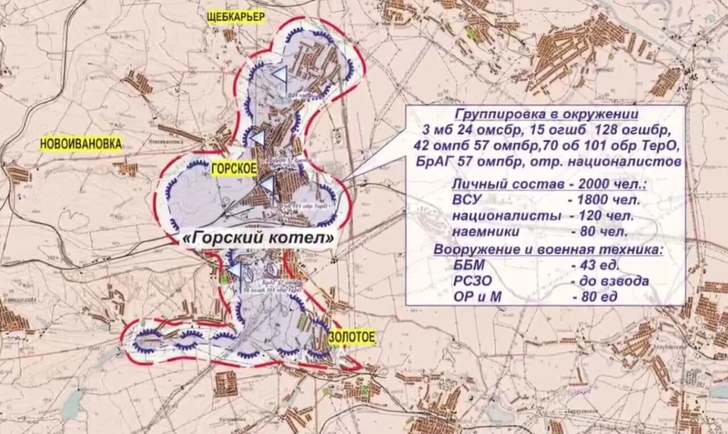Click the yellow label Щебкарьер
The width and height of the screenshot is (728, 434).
tap(235, 17)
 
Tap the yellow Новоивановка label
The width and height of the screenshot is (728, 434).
tap(81, 144)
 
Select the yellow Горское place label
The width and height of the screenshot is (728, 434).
tap(234, 168)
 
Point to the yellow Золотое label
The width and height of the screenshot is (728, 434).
tap(352, 337)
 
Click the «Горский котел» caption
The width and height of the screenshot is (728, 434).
tap(258, 239)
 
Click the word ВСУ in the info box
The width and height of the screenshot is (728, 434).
tap(468, 200)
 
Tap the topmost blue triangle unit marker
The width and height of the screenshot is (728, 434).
tap(280, 75)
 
